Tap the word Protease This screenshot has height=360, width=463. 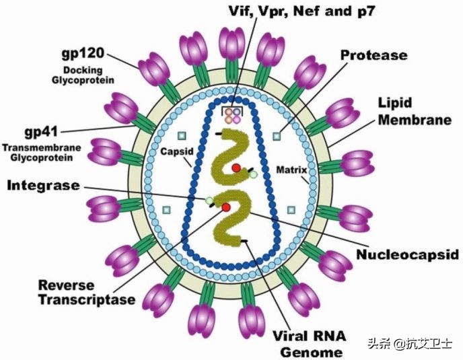point(373,55)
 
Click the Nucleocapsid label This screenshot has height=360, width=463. point(407,254)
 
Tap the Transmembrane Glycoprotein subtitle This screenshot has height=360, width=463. point(42,152)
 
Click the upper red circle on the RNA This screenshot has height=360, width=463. point(236,168)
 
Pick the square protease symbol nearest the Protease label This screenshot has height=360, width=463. point(276,137)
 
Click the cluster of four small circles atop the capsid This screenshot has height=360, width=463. point(232,115)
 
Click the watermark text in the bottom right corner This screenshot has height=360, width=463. point(411,344)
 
